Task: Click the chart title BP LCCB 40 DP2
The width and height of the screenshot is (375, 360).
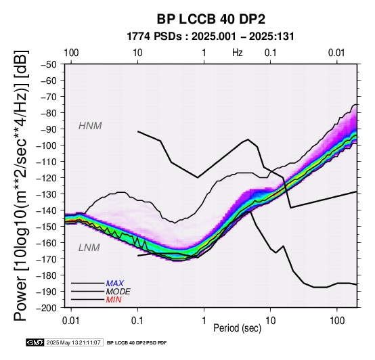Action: coord(211,19)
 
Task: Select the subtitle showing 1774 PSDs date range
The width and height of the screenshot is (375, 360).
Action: coord(211,37)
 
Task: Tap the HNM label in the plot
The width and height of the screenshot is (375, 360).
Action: coord(90,126)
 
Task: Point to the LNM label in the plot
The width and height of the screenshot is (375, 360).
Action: coord(89,248)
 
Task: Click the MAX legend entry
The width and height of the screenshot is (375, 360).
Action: coord(115,284)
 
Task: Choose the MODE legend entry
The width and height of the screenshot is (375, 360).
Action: coord(118,292)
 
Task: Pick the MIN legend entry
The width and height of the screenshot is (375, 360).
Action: coord(114,299)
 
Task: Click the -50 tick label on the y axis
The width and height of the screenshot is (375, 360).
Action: coord(49,64)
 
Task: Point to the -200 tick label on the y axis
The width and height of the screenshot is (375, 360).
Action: coord(47,308)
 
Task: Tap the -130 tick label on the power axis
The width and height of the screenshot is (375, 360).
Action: coord(47,194)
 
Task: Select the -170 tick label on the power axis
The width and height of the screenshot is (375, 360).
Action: coord(47,259)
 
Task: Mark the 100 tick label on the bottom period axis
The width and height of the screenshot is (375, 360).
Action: coord(337,321)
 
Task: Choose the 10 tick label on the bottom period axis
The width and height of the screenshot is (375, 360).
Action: coord(271,321)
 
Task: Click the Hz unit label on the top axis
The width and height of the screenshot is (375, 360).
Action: coord(237,53)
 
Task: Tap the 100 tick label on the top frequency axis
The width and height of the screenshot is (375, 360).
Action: coord(71,53)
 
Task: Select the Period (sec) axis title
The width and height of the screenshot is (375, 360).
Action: coord(237,328)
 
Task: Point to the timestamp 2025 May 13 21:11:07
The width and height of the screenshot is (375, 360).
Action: coord(73,342)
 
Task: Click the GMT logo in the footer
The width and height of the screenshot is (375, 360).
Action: coord(35,342)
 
